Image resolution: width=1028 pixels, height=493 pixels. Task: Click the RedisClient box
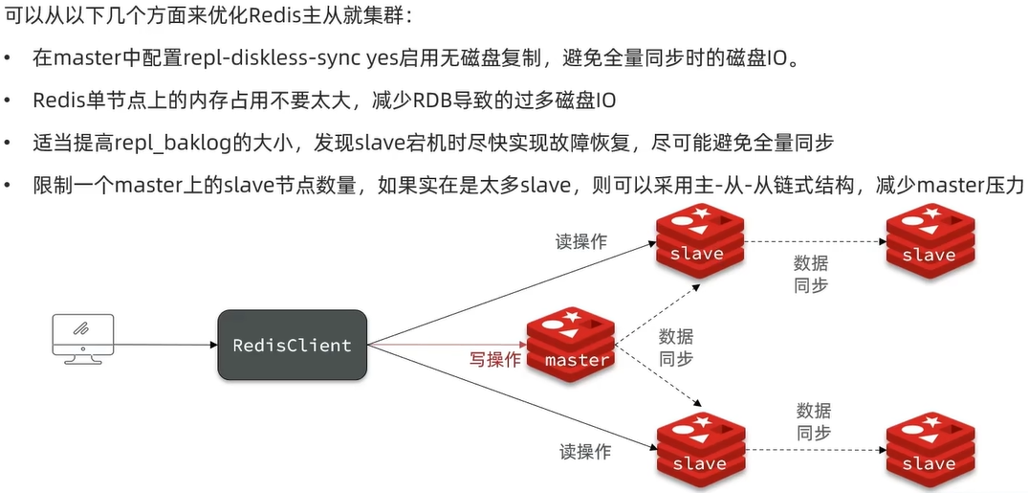(292, 344)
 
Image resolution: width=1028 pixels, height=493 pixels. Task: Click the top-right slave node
(929, 240)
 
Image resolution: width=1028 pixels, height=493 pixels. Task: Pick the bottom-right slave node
(929, 450)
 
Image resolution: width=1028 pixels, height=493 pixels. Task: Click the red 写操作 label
(494, 359)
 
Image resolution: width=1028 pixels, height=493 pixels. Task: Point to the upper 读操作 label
(580, 241)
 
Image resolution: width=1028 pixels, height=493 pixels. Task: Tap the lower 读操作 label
(583, 451)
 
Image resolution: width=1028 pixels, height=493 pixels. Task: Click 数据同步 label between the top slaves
(811, 274)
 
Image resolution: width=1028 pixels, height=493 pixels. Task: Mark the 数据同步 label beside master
(676, 347)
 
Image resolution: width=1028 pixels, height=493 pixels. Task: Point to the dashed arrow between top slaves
(813, 241)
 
